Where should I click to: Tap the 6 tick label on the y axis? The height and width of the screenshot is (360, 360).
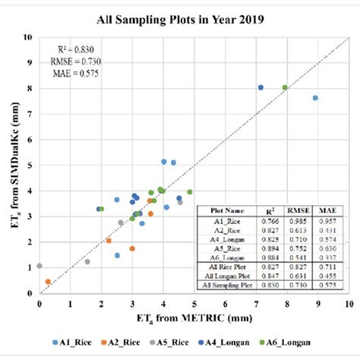click(30, 139)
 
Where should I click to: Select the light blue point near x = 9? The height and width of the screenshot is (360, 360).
click(315, 98)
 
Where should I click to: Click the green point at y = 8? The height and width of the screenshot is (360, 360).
click(285, 87)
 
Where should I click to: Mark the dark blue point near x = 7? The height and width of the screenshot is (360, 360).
click(261, 87)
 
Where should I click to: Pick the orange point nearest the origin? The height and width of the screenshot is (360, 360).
click(48, 282)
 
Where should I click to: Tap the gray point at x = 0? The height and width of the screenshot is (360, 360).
click(39, 266)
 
